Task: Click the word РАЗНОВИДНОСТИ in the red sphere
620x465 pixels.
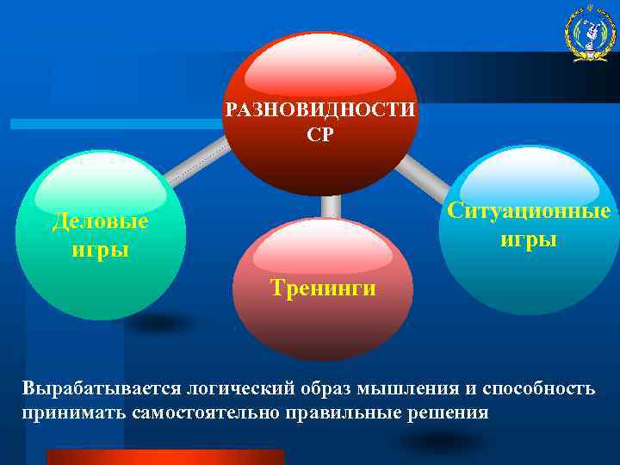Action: click(x=319, y=111)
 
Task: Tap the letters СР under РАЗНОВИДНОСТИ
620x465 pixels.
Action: click(x=319, y=134)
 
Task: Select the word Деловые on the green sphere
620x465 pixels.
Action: click(x=100, y=222)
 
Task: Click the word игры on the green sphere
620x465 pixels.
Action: click(x=101, y=250)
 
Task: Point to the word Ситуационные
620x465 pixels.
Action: click(x=529, y=211)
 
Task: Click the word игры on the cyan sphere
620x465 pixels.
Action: click(x=529, y=239)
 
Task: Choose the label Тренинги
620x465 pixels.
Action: click(x=322, y=287)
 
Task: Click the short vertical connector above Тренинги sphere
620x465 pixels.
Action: click(x=331, y=206)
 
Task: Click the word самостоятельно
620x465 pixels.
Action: click(x=206, y=412)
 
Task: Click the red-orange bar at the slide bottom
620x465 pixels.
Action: click(x=164, y=456)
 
